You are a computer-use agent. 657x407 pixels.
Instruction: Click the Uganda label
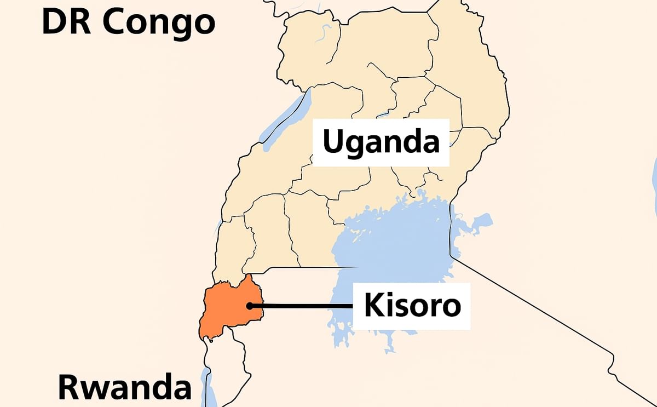coord(381,142)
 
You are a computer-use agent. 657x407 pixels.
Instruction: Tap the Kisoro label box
coord(411,306)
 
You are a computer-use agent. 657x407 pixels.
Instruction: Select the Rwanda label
coord(125,387)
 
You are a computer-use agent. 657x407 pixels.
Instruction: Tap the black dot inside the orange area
coord(250,306)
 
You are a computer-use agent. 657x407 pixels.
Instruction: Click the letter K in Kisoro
coord(374,306)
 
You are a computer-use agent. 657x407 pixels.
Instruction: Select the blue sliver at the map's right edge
coord(655,181)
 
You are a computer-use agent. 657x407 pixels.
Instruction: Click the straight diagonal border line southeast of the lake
coord(547,318)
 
